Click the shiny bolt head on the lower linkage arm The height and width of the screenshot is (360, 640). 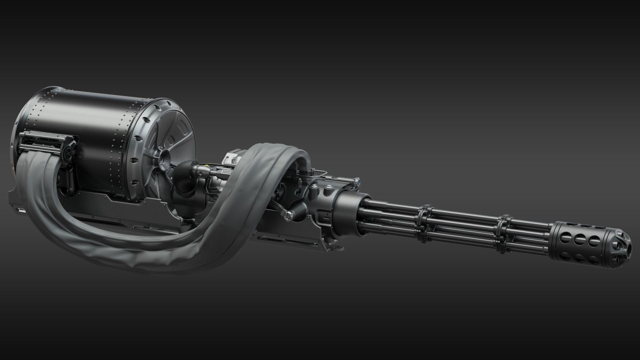click(287, 217)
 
